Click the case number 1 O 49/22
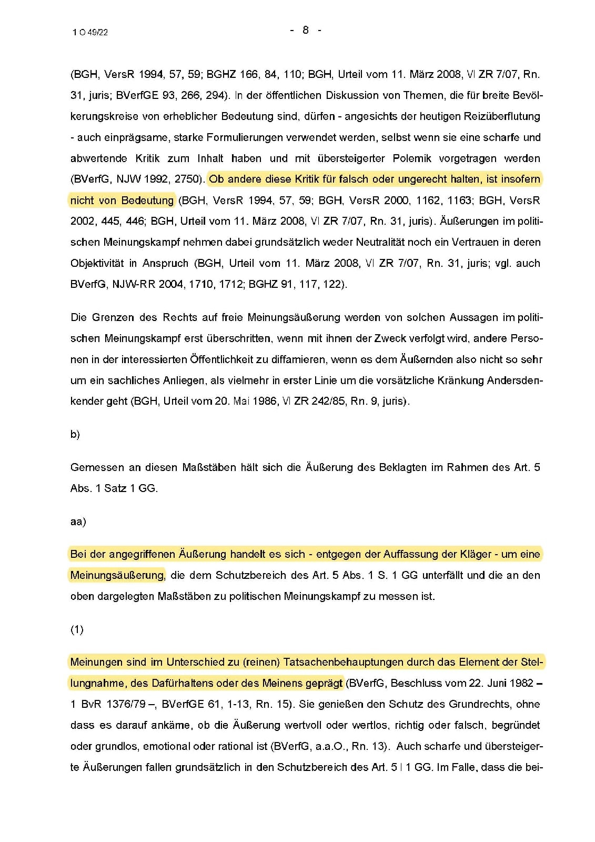pyautogui.click(x=90, y=32)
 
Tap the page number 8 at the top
pyautogui.click(x=306, y=30)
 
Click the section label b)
pyautogui.click(x=75, y=435)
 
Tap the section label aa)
pyautogui.click(x=78, y=522)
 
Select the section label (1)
pyautogui.click(x=77, y=630)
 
